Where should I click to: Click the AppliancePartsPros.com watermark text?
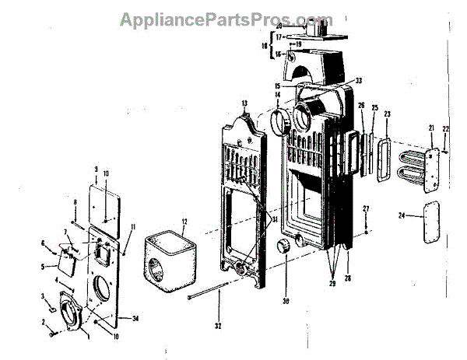pyautogui.click(x=226, y=19)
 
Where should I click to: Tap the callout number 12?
pyautogui.click(x=184, y=222)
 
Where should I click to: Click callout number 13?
pyautogui.click(x=244, y=103)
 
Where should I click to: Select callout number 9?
pyautogui.click(x=95, y=169)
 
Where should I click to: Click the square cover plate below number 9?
pyautogui.click(x=107, y=201)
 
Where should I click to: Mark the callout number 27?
pyautogui.click(x=366, y=209)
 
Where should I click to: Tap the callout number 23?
pyautogui.click(x=387, y=114)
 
